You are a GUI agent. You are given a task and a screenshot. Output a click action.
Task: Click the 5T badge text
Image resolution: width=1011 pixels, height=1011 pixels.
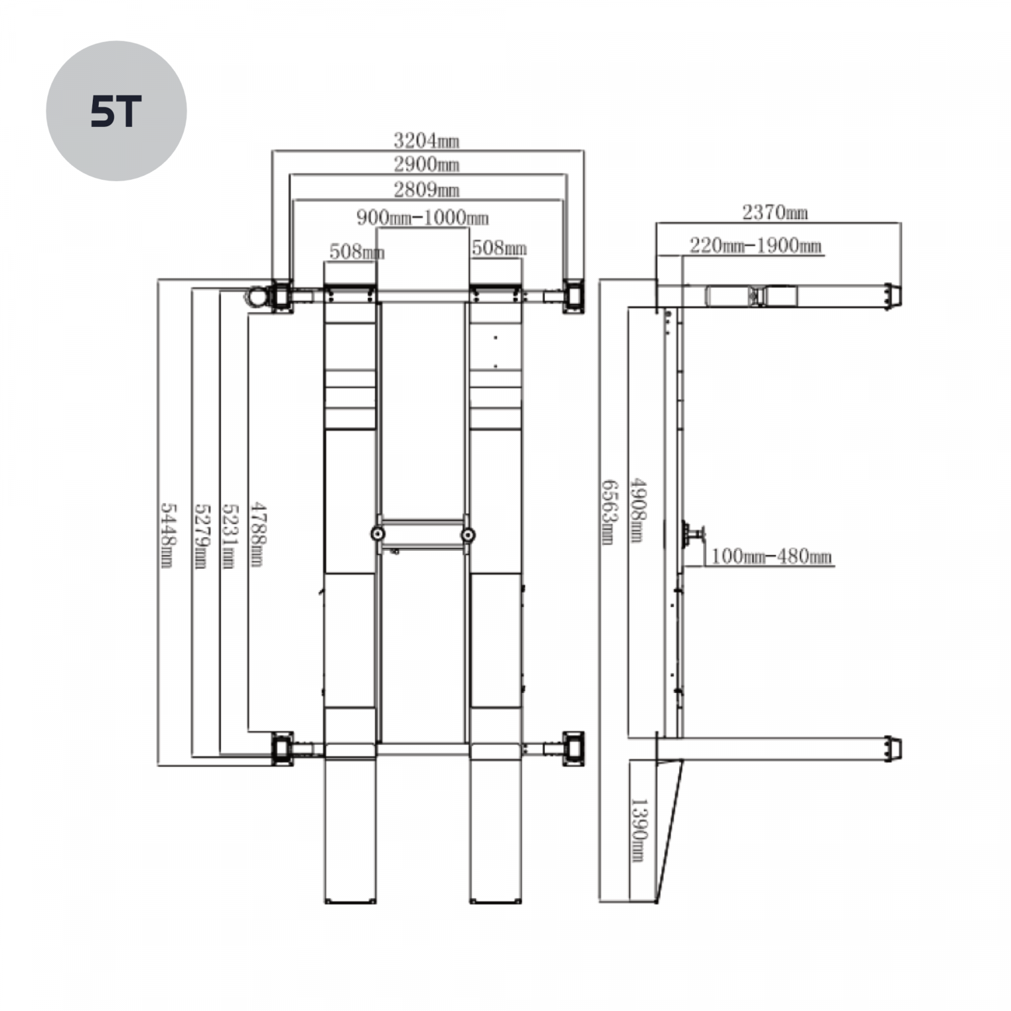pos(116,111)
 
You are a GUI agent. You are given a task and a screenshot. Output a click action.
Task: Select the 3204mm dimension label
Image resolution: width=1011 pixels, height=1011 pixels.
pos(427,140)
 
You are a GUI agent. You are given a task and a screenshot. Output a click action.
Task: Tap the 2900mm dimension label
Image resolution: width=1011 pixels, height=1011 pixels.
pos(427,164)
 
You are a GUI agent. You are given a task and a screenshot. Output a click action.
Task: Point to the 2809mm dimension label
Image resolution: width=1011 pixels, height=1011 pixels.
pos(427,190)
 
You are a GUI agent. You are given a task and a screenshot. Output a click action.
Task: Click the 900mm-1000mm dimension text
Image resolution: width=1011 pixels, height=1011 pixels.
pos(423,217)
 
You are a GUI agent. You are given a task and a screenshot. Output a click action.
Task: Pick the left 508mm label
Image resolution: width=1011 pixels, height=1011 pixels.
pos(357,251)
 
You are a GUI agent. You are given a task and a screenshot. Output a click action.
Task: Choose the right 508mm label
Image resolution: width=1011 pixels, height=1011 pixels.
pos(499,247)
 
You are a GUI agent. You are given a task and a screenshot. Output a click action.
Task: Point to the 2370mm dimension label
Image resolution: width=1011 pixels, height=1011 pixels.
pos(775,212)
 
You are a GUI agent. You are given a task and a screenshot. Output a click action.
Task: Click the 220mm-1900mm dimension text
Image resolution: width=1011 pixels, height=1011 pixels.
pos(756,246)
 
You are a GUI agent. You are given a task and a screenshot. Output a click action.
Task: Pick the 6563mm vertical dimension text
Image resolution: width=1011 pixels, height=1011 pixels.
pos(609,511)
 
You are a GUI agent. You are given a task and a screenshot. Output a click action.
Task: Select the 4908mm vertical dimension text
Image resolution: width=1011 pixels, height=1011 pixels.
pos(637,510)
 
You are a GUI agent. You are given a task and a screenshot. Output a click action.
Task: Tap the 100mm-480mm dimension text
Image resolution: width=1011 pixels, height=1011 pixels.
pos(771,556)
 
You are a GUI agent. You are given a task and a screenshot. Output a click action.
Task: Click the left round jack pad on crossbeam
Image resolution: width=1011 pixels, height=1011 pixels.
pos(378,534)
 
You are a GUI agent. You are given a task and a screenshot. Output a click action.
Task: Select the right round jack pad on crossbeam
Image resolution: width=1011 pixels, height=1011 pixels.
pos(468,534)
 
